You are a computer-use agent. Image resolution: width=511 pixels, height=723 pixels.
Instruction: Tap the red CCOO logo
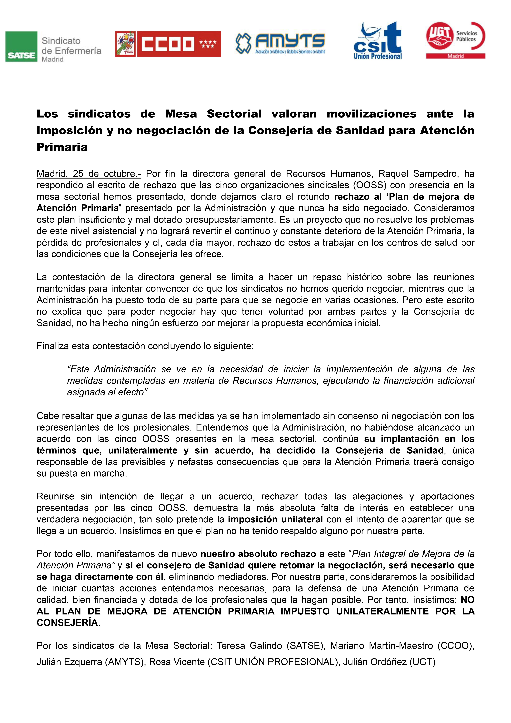(x=168, y=44)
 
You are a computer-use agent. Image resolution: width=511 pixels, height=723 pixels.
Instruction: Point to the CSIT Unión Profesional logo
(x=378, y=41)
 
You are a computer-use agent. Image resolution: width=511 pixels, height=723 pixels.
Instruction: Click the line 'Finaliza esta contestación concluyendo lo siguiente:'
(x=145, y=346)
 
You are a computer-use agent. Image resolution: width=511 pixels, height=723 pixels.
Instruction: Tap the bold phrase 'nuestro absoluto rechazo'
(x=258, y=554)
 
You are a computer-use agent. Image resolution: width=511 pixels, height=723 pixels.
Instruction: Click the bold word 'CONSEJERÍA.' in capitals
(x=69, y=623)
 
